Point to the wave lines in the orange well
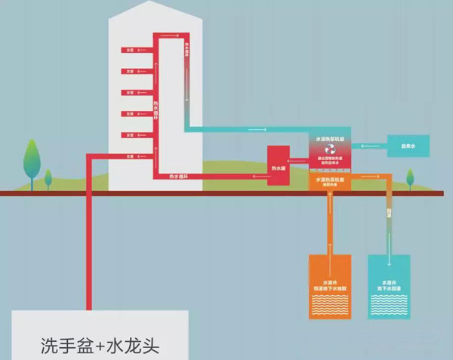click(331, 304)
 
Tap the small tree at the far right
click(411, 178)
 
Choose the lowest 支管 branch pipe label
click(130, 156)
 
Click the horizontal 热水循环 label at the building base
click(180, 177)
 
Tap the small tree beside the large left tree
click(48, 180)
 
